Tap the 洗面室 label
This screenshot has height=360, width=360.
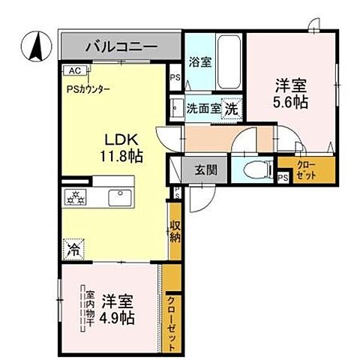[203, 108]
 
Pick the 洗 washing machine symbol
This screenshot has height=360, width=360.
[232, 108]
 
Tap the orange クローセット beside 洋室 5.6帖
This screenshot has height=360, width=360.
[305, 169]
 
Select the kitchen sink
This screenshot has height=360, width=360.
[120, 197]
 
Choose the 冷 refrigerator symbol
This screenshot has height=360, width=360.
[73, 245]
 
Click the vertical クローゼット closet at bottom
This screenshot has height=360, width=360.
[172, 319]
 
